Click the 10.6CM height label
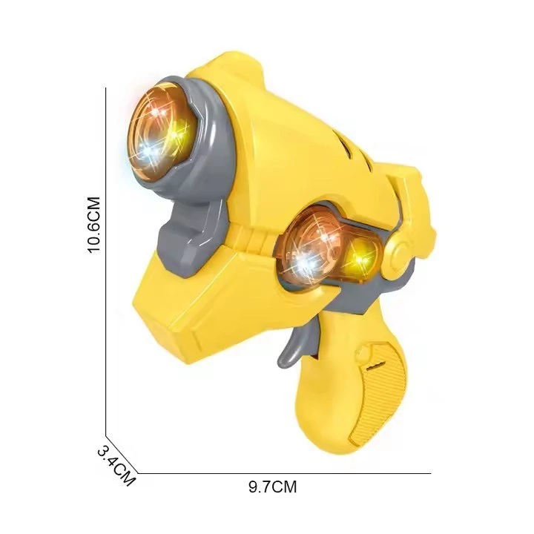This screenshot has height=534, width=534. click(94, 225)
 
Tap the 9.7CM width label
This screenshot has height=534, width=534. click(272, 487)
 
